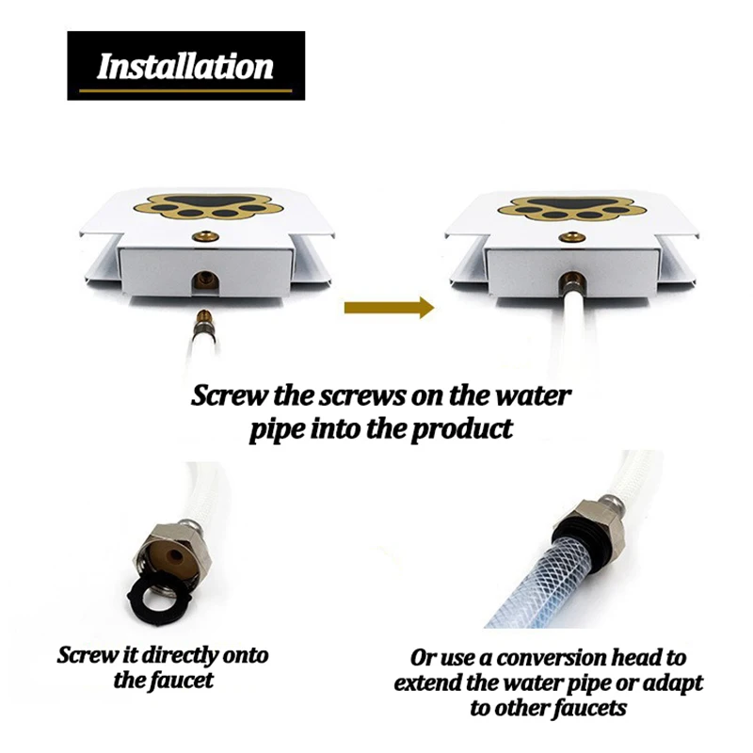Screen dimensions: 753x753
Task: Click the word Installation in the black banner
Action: click(x=185, y=66)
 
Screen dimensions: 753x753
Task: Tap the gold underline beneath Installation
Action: click(x=185, y=90)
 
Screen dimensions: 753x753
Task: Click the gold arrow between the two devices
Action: click(x=389, y=308)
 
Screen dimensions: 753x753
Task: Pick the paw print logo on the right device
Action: click(x=571, y=208)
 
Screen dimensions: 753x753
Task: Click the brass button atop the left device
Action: click(x=205, y=236)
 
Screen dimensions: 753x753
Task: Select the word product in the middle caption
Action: click(x=461, y=428)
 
